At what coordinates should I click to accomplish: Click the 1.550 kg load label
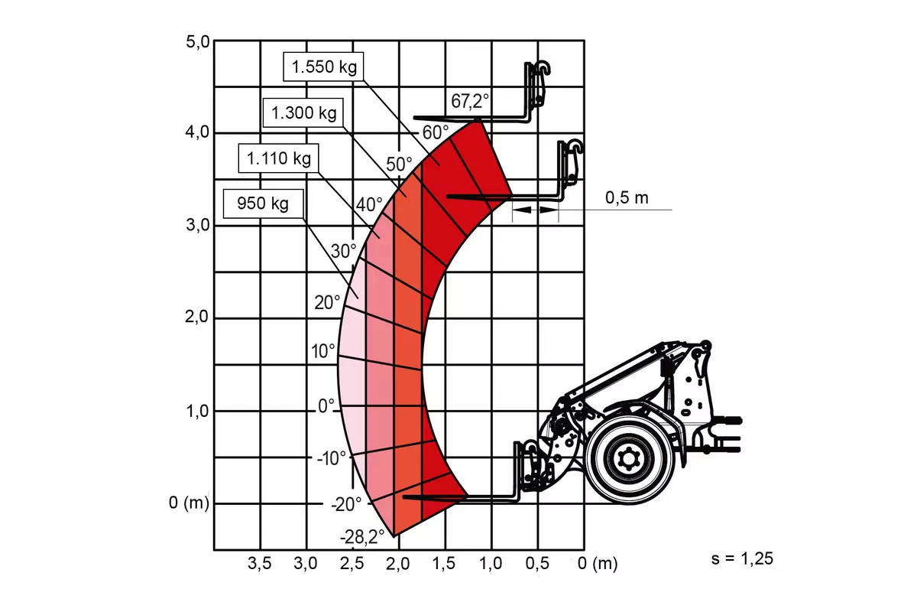[324, 67]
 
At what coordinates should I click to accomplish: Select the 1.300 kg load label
[303, 112]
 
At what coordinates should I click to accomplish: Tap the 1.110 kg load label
[279, 158]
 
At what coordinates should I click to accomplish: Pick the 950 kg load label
[263, 203]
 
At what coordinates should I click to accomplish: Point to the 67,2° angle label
[470, 101]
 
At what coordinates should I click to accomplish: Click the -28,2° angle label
[362, 536]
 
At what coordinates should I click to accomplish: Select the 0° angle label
[326, 405]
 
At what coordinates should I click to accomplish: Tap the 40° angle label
[369, 204]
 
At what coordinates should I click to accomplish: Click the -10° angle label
[332, 458]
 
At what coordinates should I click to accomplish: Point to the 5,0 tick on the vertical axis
[198, 42]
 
